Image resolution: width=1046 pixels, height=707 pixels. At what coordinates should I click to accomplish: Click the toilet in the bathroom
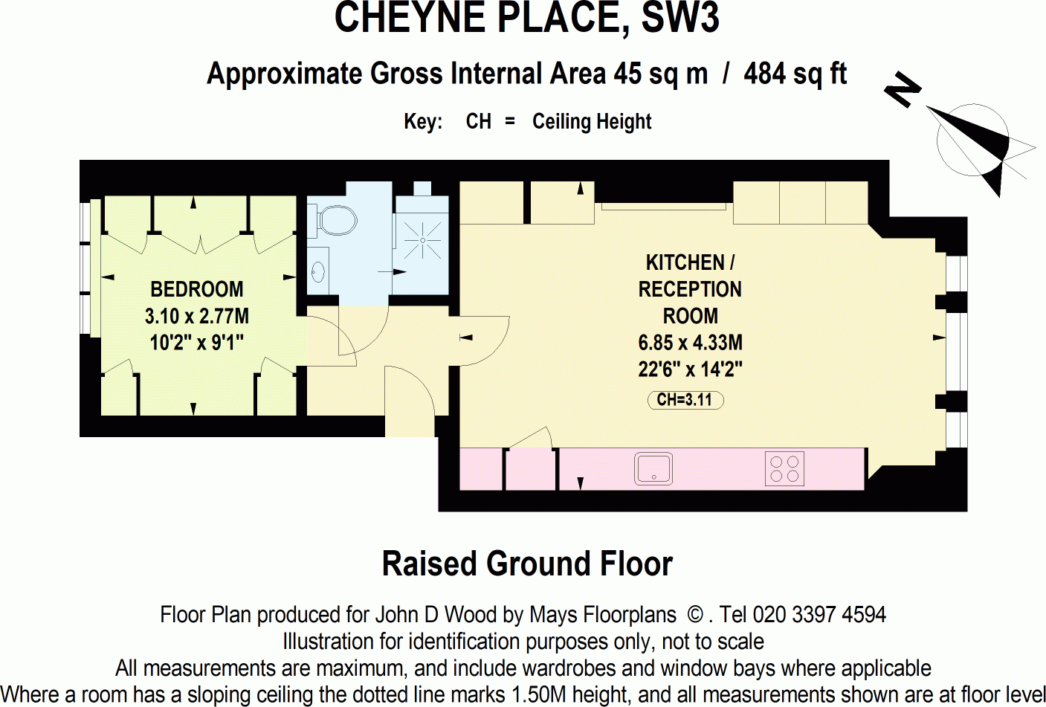pyautogui.click(x=337, y=220)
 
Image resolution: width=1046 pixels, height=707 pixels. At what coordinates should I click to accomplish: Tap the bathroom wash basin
pyautogui.click(x=318, y=272)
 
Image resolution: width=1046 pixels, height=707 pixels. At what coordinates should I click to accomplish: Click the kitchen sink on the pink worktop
pyautogui.click(x=653, y=469)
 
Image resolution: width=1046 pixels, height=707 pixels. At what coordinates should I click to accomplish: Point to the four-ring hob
pyautogui.click(x=784, y=469)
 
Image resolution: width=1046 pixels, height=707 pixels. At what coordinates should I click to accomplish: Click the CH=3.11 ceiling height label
pyautogui.click(x=685, y=400)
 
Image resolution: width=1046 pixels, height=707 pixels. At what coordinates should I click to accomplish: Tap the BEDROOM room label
pyautogui.click(x=197, y=289)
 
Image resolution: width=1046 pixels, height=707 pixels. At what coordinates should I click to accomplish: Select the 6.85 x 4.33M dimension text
pyautogui.click(x=690, y=343)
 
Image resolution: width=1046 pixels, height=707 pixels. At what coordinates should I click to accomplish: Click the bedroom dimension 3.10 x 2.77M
pyautogui.click(x=197, y=316)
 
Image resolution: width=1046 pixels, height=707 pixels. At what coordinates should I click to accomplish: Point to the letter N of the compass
pyautogui.click(x=903, y=90)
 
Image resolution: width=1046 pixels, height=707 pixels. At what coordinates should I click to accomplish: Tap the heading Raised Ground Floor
pyautogui.click(x=527, y=564)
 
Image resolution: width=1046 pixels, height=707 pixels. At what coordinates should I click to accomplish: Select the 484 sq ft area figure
pyautogui.click(x=795, y=74)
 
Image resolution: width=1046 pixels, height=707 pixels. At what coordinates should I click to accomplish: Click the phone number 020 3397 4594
pyautogui.click(x=819, y=615)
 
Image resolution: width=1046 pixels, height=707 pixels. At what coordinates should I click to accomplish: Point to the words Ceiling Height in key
pyautogui.click(x=592, y=121)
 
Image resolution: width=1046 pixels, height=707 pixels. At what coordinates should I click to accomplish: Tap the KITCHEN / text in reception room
pyautogui.click(x=690, y=262)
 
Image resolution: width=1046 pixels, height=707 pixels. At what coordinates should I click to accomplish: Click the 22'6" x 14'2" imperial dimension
pyautogui.click(x=690, y=369)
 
